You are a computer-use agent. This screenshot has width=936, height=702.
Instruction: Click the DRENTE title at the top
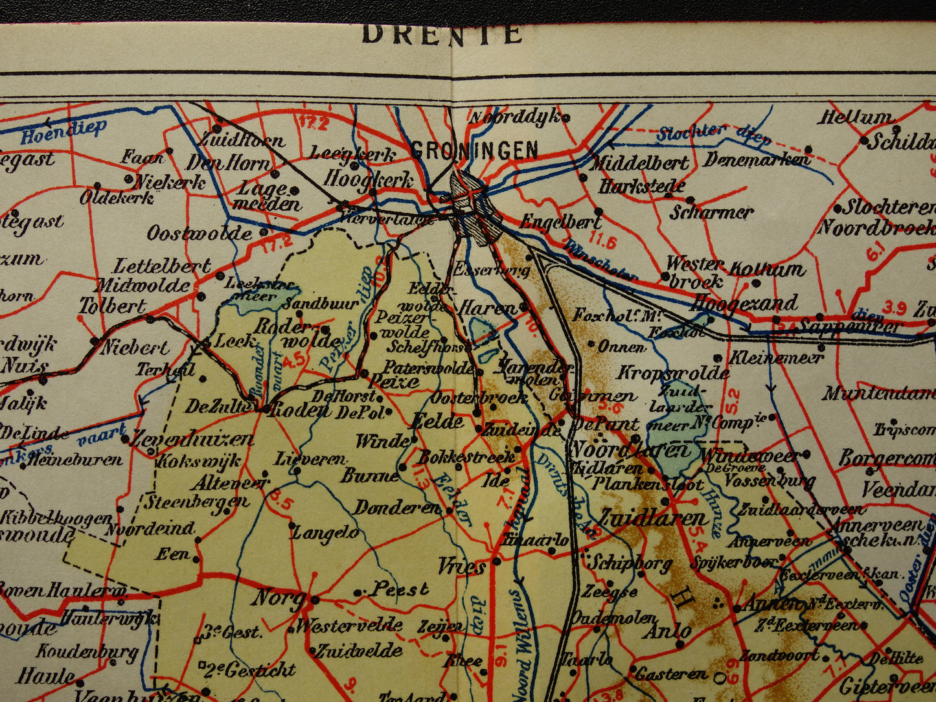point(442,34)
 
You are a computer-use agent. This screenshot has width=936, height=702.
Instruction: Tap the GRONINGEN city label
point(475,150)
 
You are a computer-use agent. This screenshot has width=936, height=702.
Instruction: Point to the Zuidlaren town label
point(652,519)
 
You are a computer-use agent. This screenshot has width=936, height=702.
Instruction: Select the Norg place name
point(279,598)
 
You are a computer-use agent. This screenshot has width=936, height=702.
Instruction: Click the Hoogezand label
point(744,304)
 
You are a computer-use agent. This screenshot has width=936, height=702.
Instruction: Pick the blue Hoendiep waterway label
point(63,131)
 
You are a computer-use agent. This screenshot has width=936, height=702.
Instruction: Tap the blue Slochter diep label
point(713,134)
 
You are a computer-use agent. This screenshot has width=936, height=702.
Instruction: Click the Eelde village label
point(438,422)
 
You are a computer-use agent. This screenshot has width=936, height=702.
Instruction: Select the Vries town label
point(461,567)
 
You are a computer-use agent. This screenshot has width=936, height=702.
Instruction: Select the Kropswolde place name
point(672,373)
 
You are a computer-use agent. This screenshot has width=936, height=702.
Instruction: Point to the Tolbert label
point(113,306)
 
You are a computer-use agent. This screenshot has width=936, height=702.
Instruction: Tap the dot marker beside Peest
point(358,592)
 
